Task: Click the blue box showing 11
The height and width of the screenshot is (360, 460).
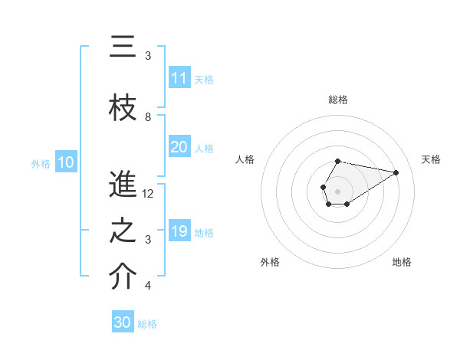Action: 179,78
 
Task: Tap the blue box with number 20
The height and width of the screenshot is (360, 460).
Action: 179,148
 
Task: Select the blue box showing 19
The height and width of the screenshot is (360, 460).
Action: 179,231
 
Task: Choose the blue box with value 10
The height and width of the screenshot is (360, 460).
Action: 66,162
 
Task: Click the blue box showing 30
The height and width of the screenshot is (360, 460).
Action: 123,322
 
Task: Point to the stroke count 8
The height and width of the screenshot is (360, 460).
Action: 148,117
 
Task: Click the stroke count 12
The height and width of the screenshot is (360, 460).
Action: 148,194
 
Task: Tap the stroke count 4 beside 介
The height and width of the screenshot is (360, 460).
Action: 148,286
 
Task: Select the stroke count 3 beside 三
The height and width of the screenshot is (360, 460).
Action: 148,56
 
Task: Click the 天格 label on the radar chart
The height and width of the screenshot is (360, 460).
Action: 431,159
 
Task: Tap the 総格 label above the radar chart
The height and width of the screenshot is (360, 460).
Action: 338,100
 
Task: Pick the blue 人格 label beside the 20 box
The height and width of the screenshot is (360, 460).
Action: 204,149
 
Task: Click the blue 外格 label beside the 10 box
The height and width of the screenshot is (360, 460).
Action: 41,163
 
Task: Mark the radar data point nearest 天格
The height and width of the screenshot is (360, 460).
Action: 397,172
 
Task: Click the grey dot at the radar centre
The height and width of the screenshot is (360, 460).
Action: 337,190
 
